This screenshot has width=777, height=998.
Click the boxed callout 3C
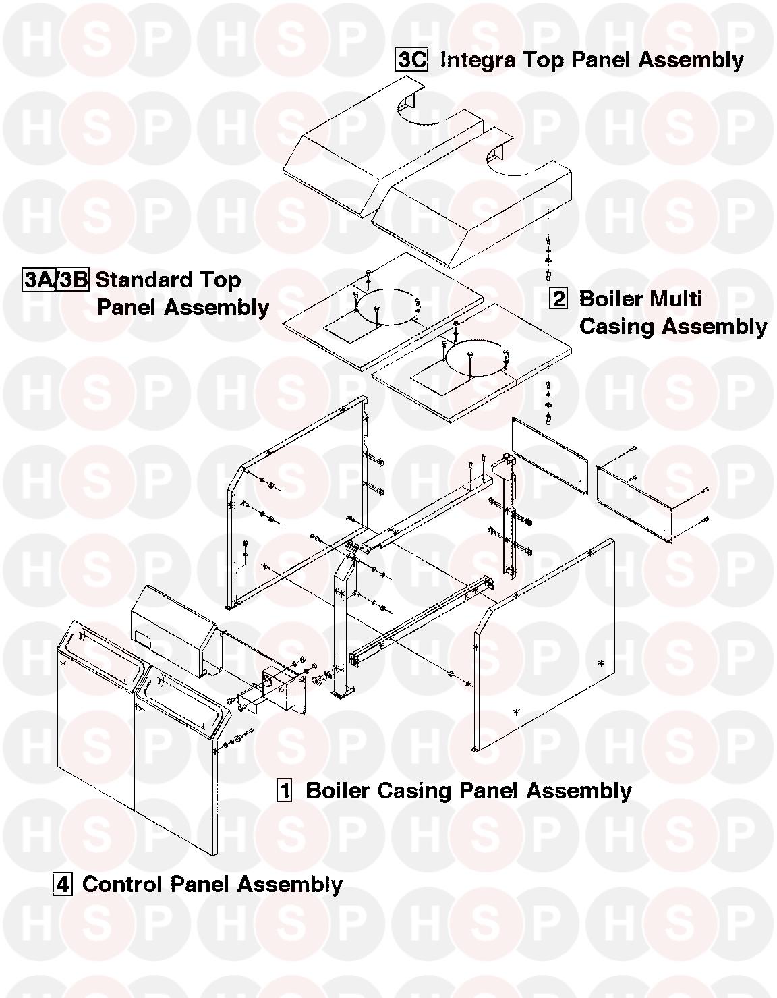[411, 59]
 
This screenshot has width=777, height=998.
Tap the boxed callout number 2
[558, 298]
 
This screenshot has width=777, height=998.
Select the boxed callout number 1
[285, 790]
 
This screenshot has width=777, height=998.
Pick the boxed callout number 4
[62, 884]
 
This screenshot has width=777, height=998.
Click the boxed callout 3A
[39, 279]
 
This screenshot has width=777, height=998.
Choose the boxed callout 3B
[73, 279]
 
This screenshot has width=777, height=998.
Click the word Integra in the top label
[478, 61]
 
